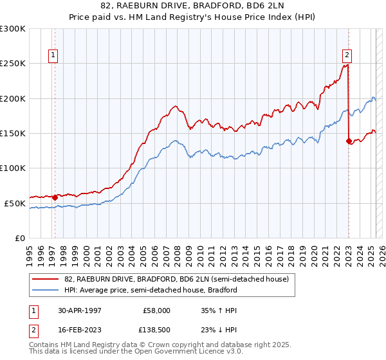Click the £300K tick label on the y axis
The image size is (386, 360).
[x=13, y=29]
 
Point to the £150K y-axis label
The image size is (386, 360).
[x=13, y=133]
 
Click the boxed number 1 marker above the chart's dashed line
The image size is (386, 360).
[x=53, y=55]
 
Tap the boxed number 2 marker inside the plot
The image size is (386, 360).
[x=347, y=55]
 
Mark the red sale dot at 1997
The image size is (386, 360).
[x=55, y=197]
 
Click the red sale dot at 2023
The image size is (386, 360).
[x=349, y=141]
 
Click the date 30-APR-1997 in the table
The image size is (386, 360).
[x=79, y=310]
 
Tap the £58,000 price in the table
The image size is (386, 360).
[x=157, y=310]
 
